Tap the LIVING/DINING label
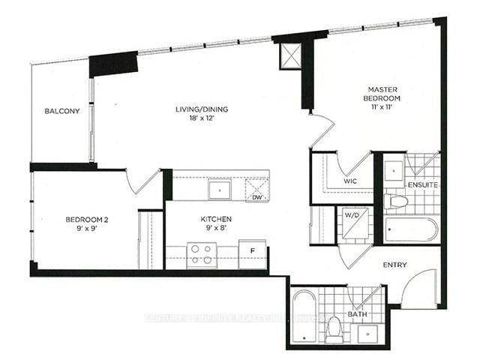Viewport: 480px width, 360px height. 202,109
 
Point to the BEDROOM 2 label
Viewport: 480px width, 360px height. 87,219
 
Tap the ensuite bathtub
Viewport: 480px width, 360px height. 411,229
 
